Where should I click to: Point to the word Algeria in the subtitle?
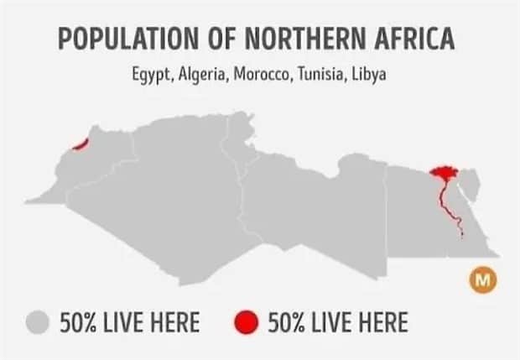pos(204,75)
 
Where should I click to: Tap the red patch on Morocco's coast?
pos(80,144)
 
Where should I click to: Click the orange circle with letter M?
pos(482,280)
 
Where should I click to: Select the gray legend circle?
pos(39,321)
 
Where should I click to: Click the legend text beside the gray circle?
pos(129,322)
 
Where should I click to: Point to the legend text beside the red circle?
pos(337,322)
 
